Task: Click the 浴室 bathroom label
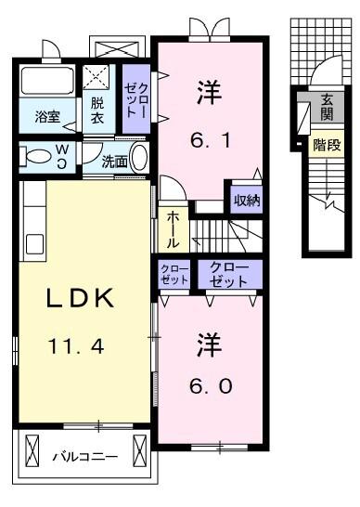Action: click(48, 118)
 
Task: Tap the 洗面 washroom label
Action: click(115, 160)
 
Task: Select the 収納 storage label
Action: click(246, 200)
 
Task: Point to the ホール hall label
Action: click(174, 228)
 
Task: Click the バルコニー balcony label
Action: click(84, 457)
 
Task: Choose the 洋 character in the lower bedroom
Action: click(208, 344)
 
